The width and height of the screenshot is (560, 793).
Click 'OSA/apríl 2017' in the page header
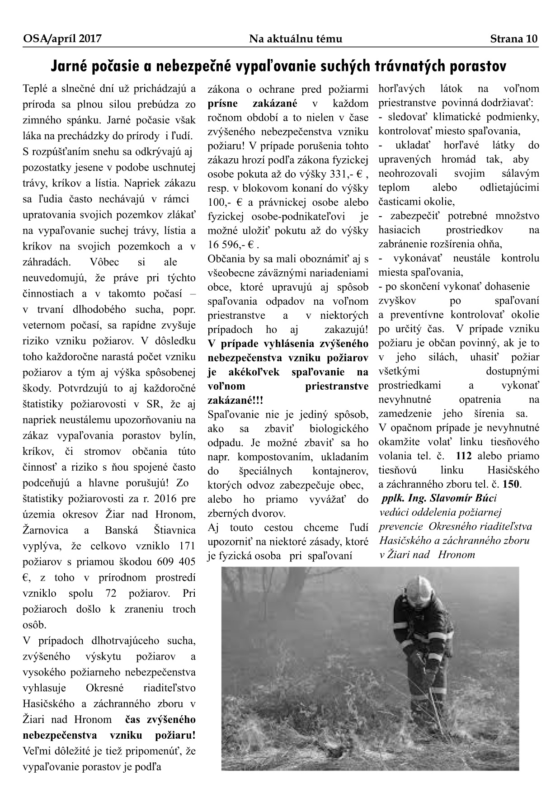pyautogui.click(x=62, y=39)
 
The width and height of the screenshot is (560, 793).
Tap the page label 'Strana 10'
pyautogui.click(x=514, y=39)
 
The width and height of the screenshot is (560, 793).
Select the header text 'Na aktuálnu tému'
pyautogui.click(x=296, y=39)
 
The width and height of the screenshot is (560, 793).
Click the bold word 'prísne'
pyautogui.click(x=223, y=104)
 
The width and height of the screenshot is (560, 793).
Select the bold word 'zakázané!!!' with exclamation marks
pyautogui.click(x=235, y=401)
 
